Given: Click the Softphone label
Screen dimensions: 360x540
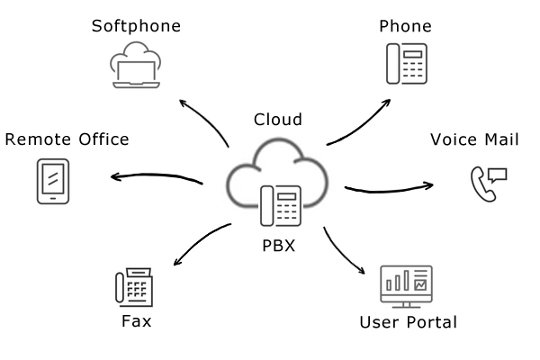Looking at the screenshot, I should (136, 25).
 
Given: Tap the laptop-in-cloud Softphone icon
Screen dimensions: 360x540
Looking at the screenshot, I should (136, 65).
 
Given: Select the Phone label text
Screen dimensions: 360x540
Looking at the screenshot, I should (406, 25).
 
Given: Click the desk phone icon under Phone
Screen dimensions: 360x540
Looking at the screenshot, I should (406, 64).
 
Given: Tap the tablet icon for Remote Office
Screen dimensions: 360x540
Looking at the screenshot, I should (53, 180).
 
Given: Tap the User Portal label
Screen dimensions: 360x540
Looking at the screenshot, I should (408, 321).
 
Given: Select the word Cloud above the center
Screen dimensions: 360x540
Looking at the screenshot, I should (278, 119).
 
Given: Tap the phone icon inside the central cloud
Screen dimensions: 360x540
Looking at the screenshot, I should (280, 204).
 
